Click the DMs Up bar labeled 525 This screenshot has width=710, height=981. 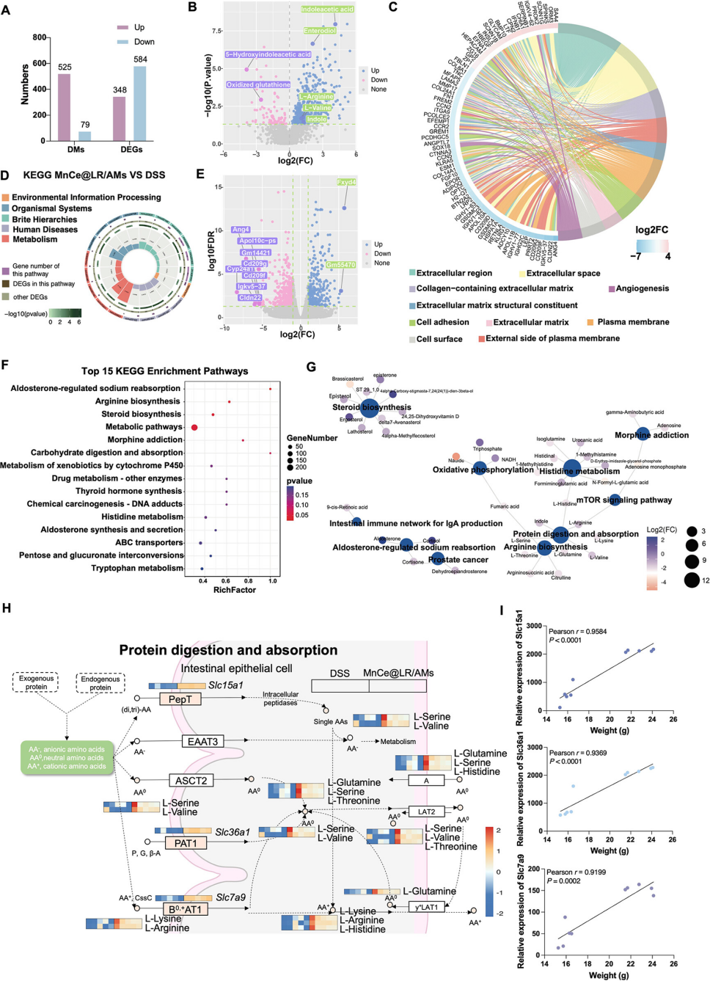(64, 107)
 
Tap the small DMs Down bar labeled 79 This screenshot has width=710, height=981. (85, 136)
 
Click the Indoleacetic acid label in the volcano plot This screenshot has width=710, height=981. (327, 10)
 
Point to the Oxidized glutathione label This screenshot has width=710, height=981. (258, 85)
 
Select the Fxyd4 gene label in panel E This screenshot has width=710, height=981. (346, 182)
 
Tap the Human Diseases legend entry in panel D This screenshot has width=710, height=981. (44, 230)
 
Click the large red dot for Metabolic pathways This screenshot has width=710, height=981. (194, 427)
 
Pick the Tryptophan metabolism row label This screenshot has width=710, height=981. (137, 568)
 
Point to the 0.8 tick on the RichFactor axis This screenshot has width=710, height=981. (249, 580)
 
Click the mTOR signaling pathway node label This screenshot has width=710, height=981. (624, 500)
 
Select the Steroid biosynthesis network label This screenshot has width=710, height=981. (372, 407)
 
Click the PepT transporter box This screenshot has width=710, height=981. (180, 699)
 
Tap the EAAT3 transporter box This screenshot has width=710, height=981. (202, 742)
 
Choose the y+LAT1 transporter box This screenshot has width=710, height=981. (427, 907)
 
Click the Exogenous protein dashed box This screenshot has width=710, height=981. (37, 683)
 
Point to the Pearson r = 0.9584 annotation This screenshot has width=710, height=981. (578, 632)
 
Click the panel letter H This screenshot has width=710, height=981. (7, 608)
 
